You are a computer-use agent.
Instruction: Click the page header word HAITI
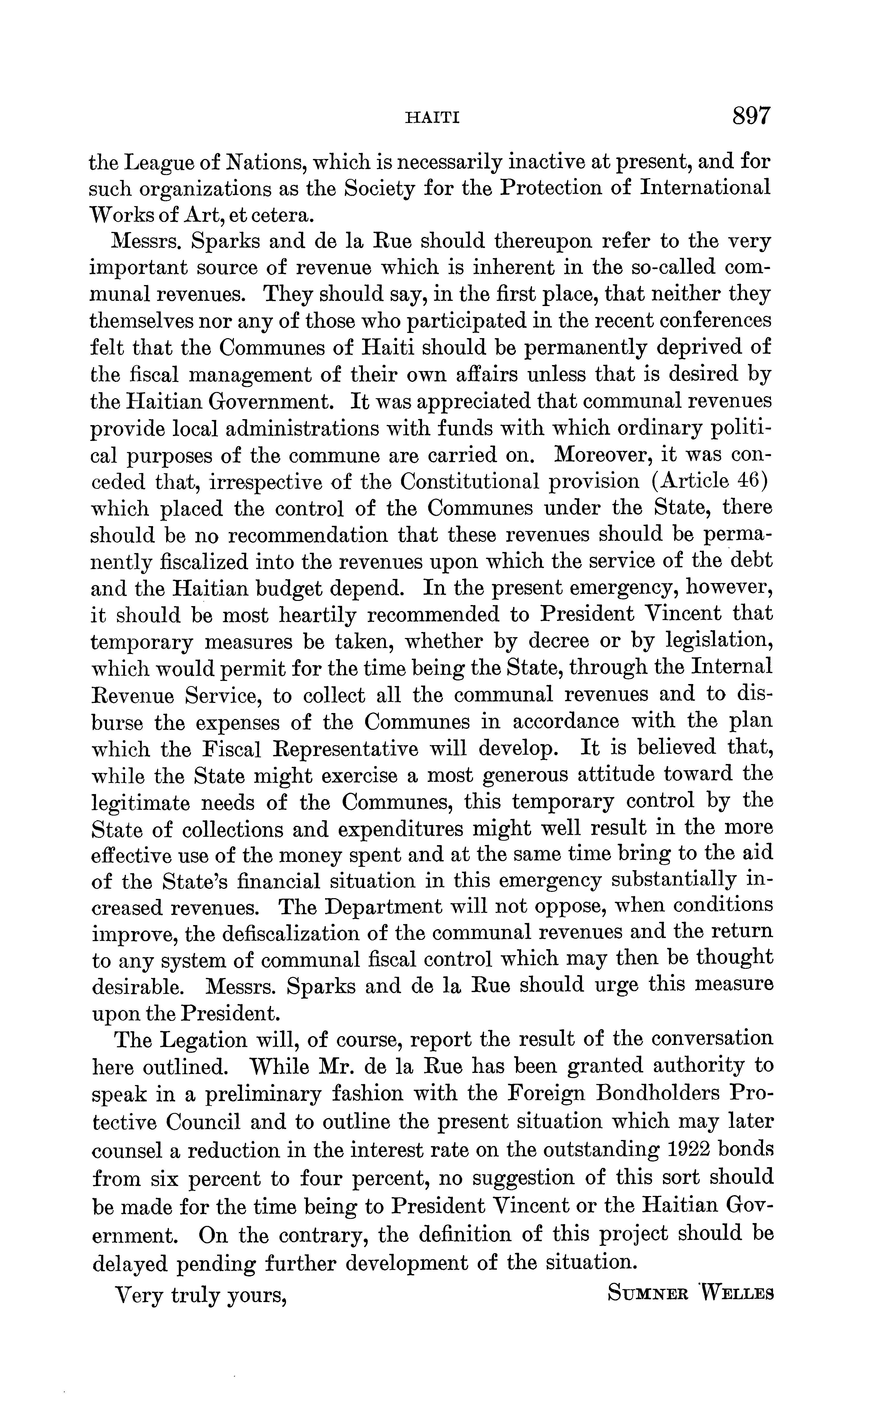tap(432, 119)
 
